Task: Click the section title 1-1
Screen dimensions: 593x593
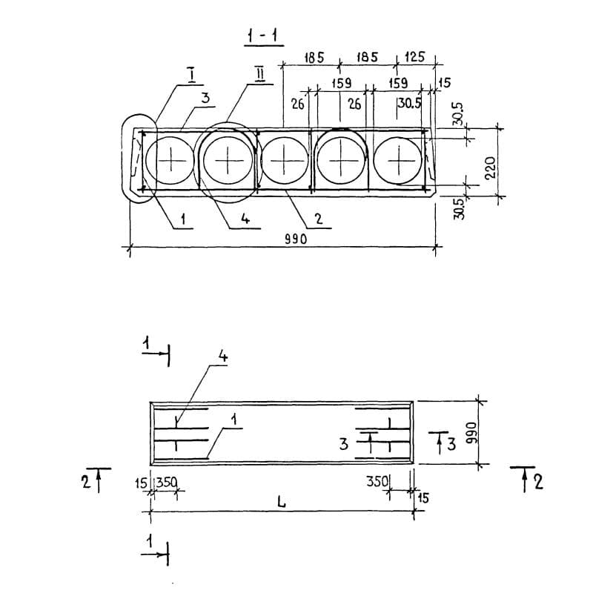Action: click(x=262, y=35)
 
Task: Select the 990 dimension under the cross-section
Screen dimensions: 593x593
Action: click(x=296, y=239)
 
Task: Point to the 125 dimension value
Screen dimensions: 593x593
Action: click(x=416, y=57)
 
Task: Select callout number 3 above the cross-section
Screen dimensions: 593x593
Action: click(x=205, y=98)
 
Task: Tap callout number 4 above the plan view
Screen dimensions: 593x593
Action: click(x=222, y=357)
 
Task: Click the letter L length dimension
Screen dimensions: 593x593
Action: click(x=281, y=502)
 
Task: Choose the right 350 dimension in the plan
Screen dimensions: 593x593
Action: click(x=378, y=482)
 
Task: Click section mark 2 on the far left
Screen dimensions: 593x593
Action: click(x=86, y=482)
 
